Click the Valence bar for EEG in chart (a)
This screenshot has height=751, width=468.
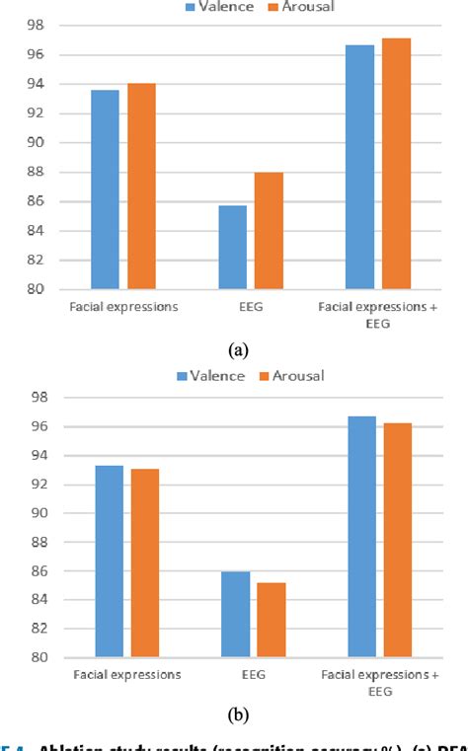pyautogui.click(x=233, y=247)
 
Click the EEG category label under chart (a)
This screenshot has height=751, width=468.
pyautogui.click(x=252, y=307)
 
